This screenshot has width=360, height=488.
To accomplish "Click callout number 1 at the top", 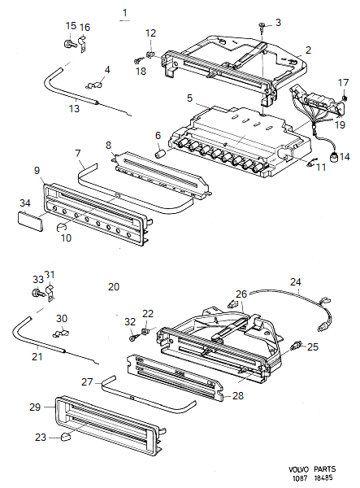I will [124, 12].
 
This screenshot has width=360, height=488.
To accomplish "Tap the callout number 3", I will [278, 22].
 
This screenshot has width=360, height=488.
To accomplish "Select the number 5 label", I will [189, 98].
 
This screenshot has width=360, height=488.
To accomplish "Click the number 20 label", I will [113, 286].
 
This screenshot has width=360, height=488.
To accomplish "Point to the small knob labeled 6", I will [160, 151].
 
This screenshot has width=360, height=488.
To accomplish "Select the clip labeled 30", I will [59, 333].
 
